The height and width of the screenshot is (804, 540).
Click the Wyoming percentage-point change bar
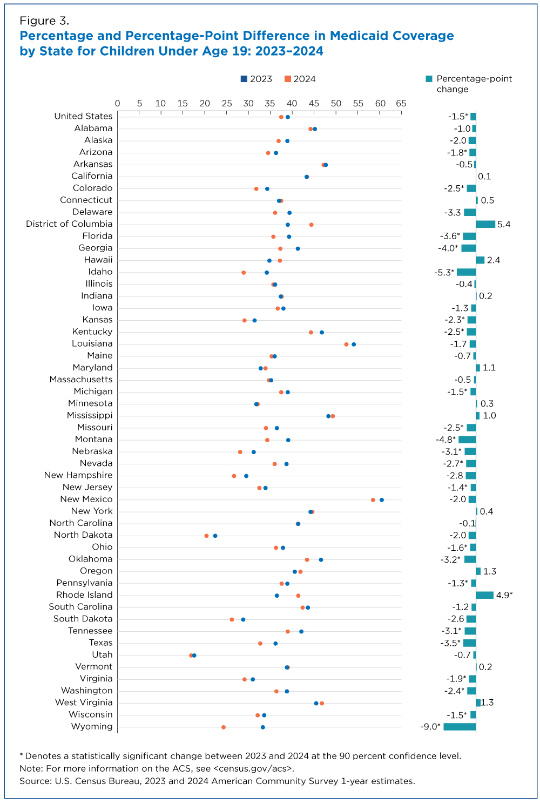(x=460, y=727)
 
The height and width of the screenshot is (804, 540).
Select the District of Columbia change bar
(x=485, y=224)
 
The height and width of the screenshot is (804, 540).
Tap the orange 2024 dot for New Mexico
(x=373, y=500)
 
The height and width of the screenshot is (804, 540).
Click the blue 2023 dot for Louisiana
(x=354, y=344)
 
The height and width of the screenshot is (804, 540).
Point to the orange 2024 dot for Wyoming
(x=224, y=727)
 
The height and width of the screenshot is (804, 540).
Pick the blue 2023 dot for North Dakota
(x=215, y=536)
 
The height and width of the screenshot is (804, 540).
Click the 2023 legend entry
(x=256, y=79)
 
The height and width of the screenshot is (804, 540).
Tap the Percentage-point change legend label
(x=474, y=84)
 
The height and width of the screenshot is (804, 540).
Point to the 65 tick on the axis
(x=401, y=103)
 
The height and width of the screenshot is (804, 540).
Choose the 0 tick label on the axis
(x=117, y=103)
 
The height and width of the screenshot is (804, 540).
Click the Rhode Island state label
(x=84, y=595)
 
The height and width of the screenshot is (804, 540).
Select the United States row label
(x=83, y=116)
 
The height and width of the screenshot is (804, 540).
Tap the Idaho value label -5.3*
(x=444, y=272)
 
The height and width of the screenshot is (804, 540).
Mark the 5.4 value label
(x=504, y=224)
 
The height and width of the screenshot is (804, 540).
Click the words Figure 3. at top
(x=44, y=21)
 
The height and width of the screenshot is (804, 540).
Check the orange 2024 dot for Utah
(x=191, y=656)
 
